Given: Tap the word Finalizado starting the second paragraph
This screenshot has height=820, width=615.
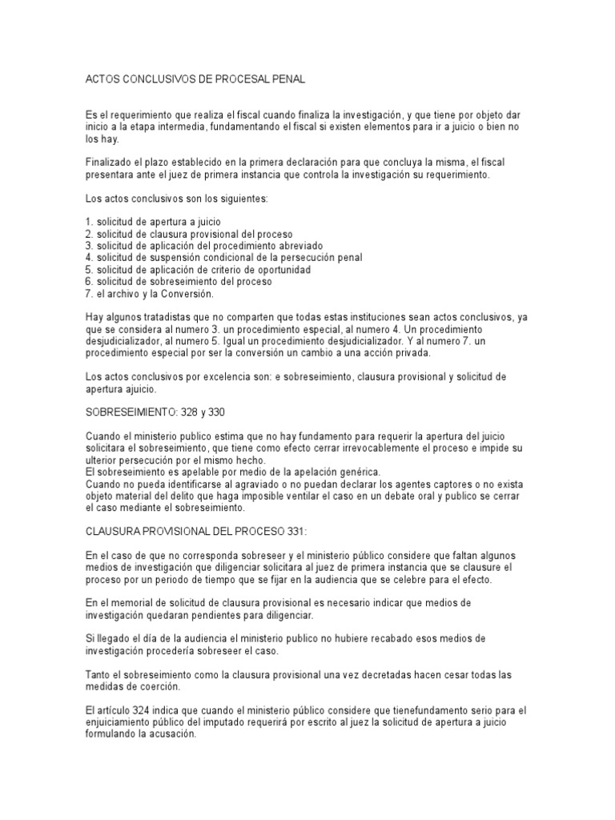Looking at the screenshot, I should tap(108, 162).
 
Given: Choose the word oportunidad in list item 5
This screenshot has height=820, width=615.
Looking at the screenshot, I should tap(279, 269).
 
